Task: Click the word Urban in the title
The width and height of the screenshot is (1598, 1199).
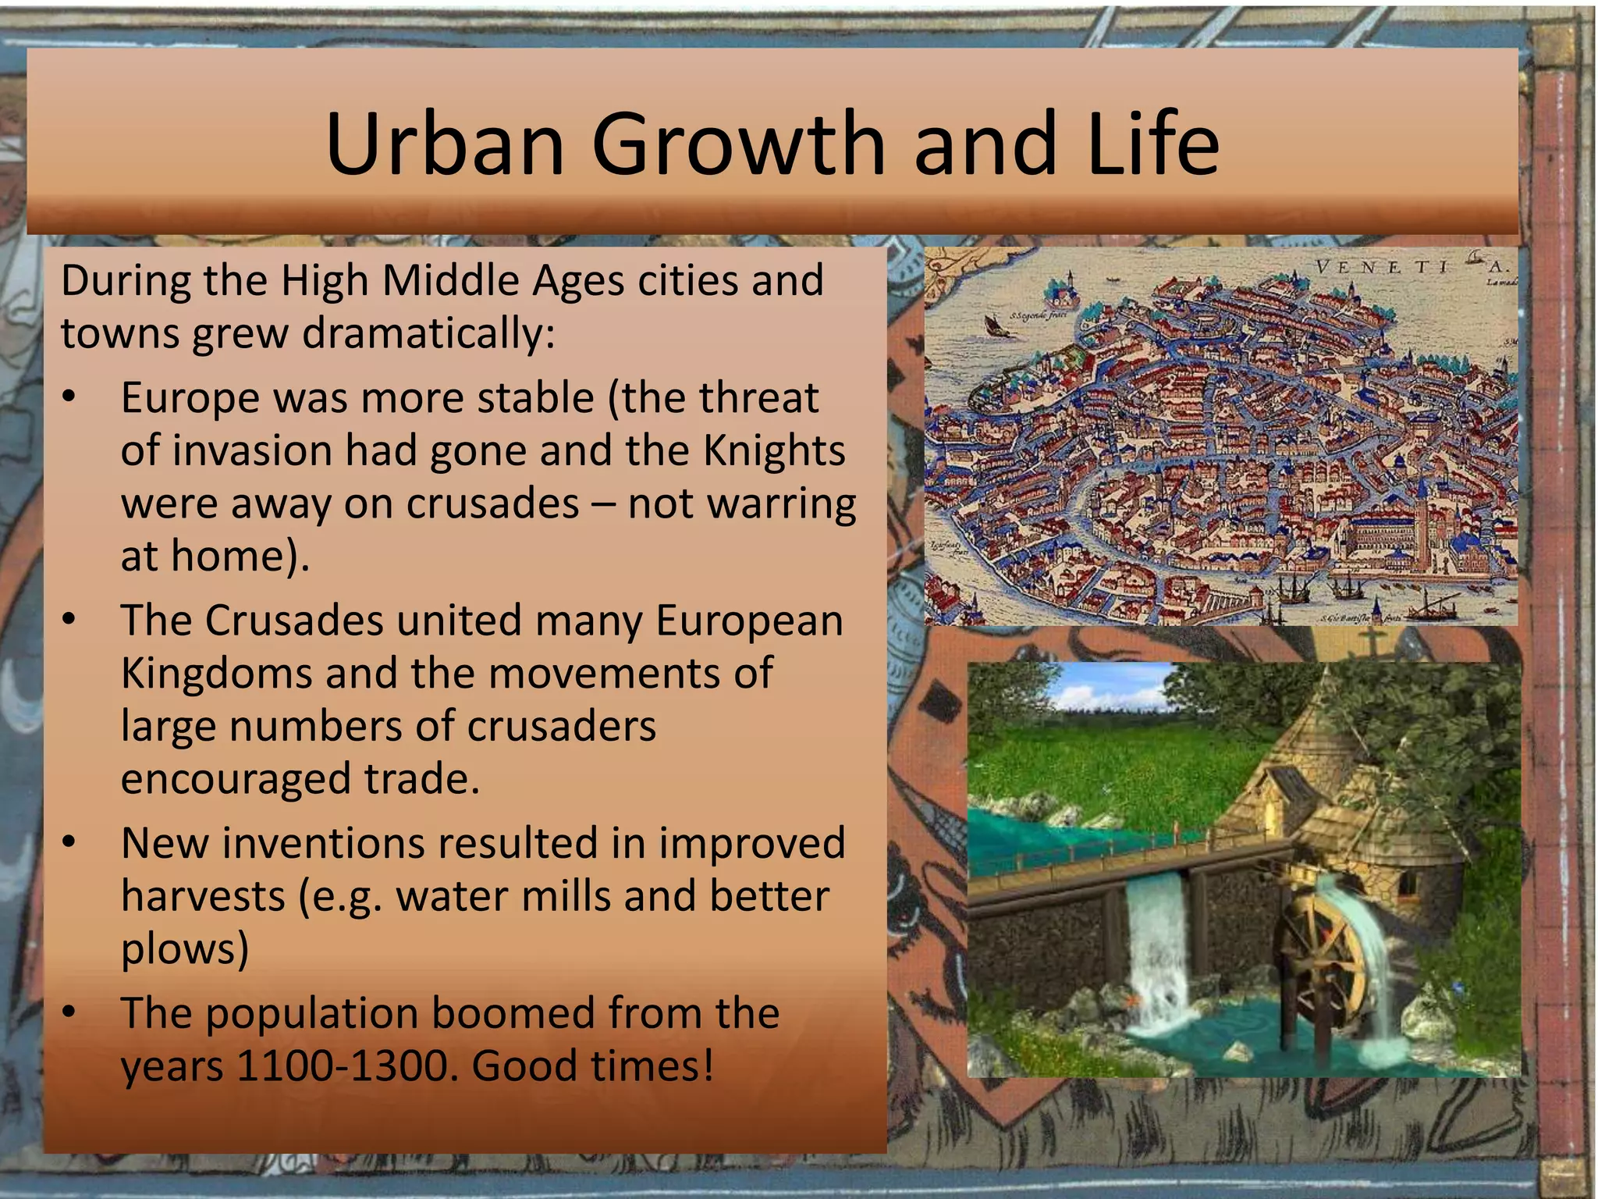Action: coord(443,144)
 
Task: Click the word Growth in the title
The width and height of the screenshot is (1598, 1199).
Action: coord(737,144)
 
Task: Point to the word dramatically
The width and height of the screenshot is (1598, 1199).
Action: coord(428,334)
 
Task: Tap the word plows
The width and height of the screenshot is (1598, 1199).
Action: coord(184,948)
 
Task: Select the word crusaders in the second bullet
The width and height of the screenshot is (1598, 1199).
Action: coord(561,727)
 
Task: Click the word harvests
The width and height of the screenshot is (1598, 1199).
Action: coord(203,897)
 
